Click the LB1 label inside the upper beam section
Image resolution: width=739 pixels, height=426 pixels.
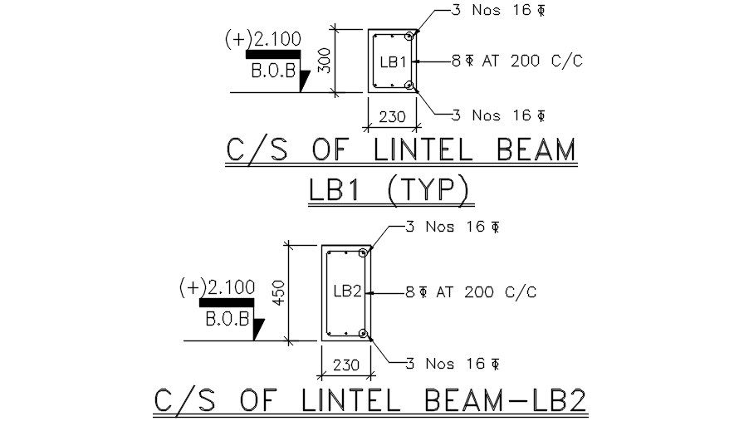pyautogui.click(x=392, y=62)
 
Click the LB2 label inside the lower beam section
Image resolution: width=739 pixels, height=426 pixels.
pyautogui.click(x=347, y=291)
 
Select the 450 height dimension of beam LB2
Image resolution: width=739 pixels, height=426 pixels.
pyautogui.click(x=279, y=292)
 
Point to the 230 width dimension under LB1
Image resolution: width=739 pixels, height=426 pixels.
pyautogui.click(x=392, y=117)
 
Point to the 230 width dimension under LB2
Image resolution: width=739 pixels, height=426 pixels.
pyautogui.click(x=345, y=365)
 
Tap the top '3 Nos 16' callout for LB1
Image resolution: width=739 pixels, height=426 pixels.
pyautogui.click(x=488, y=11)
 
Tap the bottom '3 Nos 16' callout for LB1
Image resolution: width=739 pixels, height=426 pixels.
pyautogui.click(x=488, y=115)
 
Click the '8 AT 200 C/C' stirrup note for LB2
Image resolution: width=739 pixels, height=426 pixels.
pyautogui.click(x=470, y=292)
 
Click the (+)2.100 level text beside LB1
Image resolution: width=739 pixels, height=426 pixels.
pyautogui.click(x=263, y=38)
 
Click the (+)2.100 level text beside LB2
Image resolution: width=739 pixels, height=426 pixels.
pyautogui.click(x=218, y=287)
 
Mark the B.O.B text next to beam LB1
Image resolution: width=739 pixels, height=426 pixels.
pyautogui.click(x=273, y=71)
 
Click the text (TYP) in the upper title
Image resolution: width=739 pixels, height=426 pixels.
pyautogui.click(x=431, y=191)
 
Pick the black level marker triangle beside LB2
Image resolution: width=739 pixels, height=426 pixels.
pyautogui.click(x=257, y=329)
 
